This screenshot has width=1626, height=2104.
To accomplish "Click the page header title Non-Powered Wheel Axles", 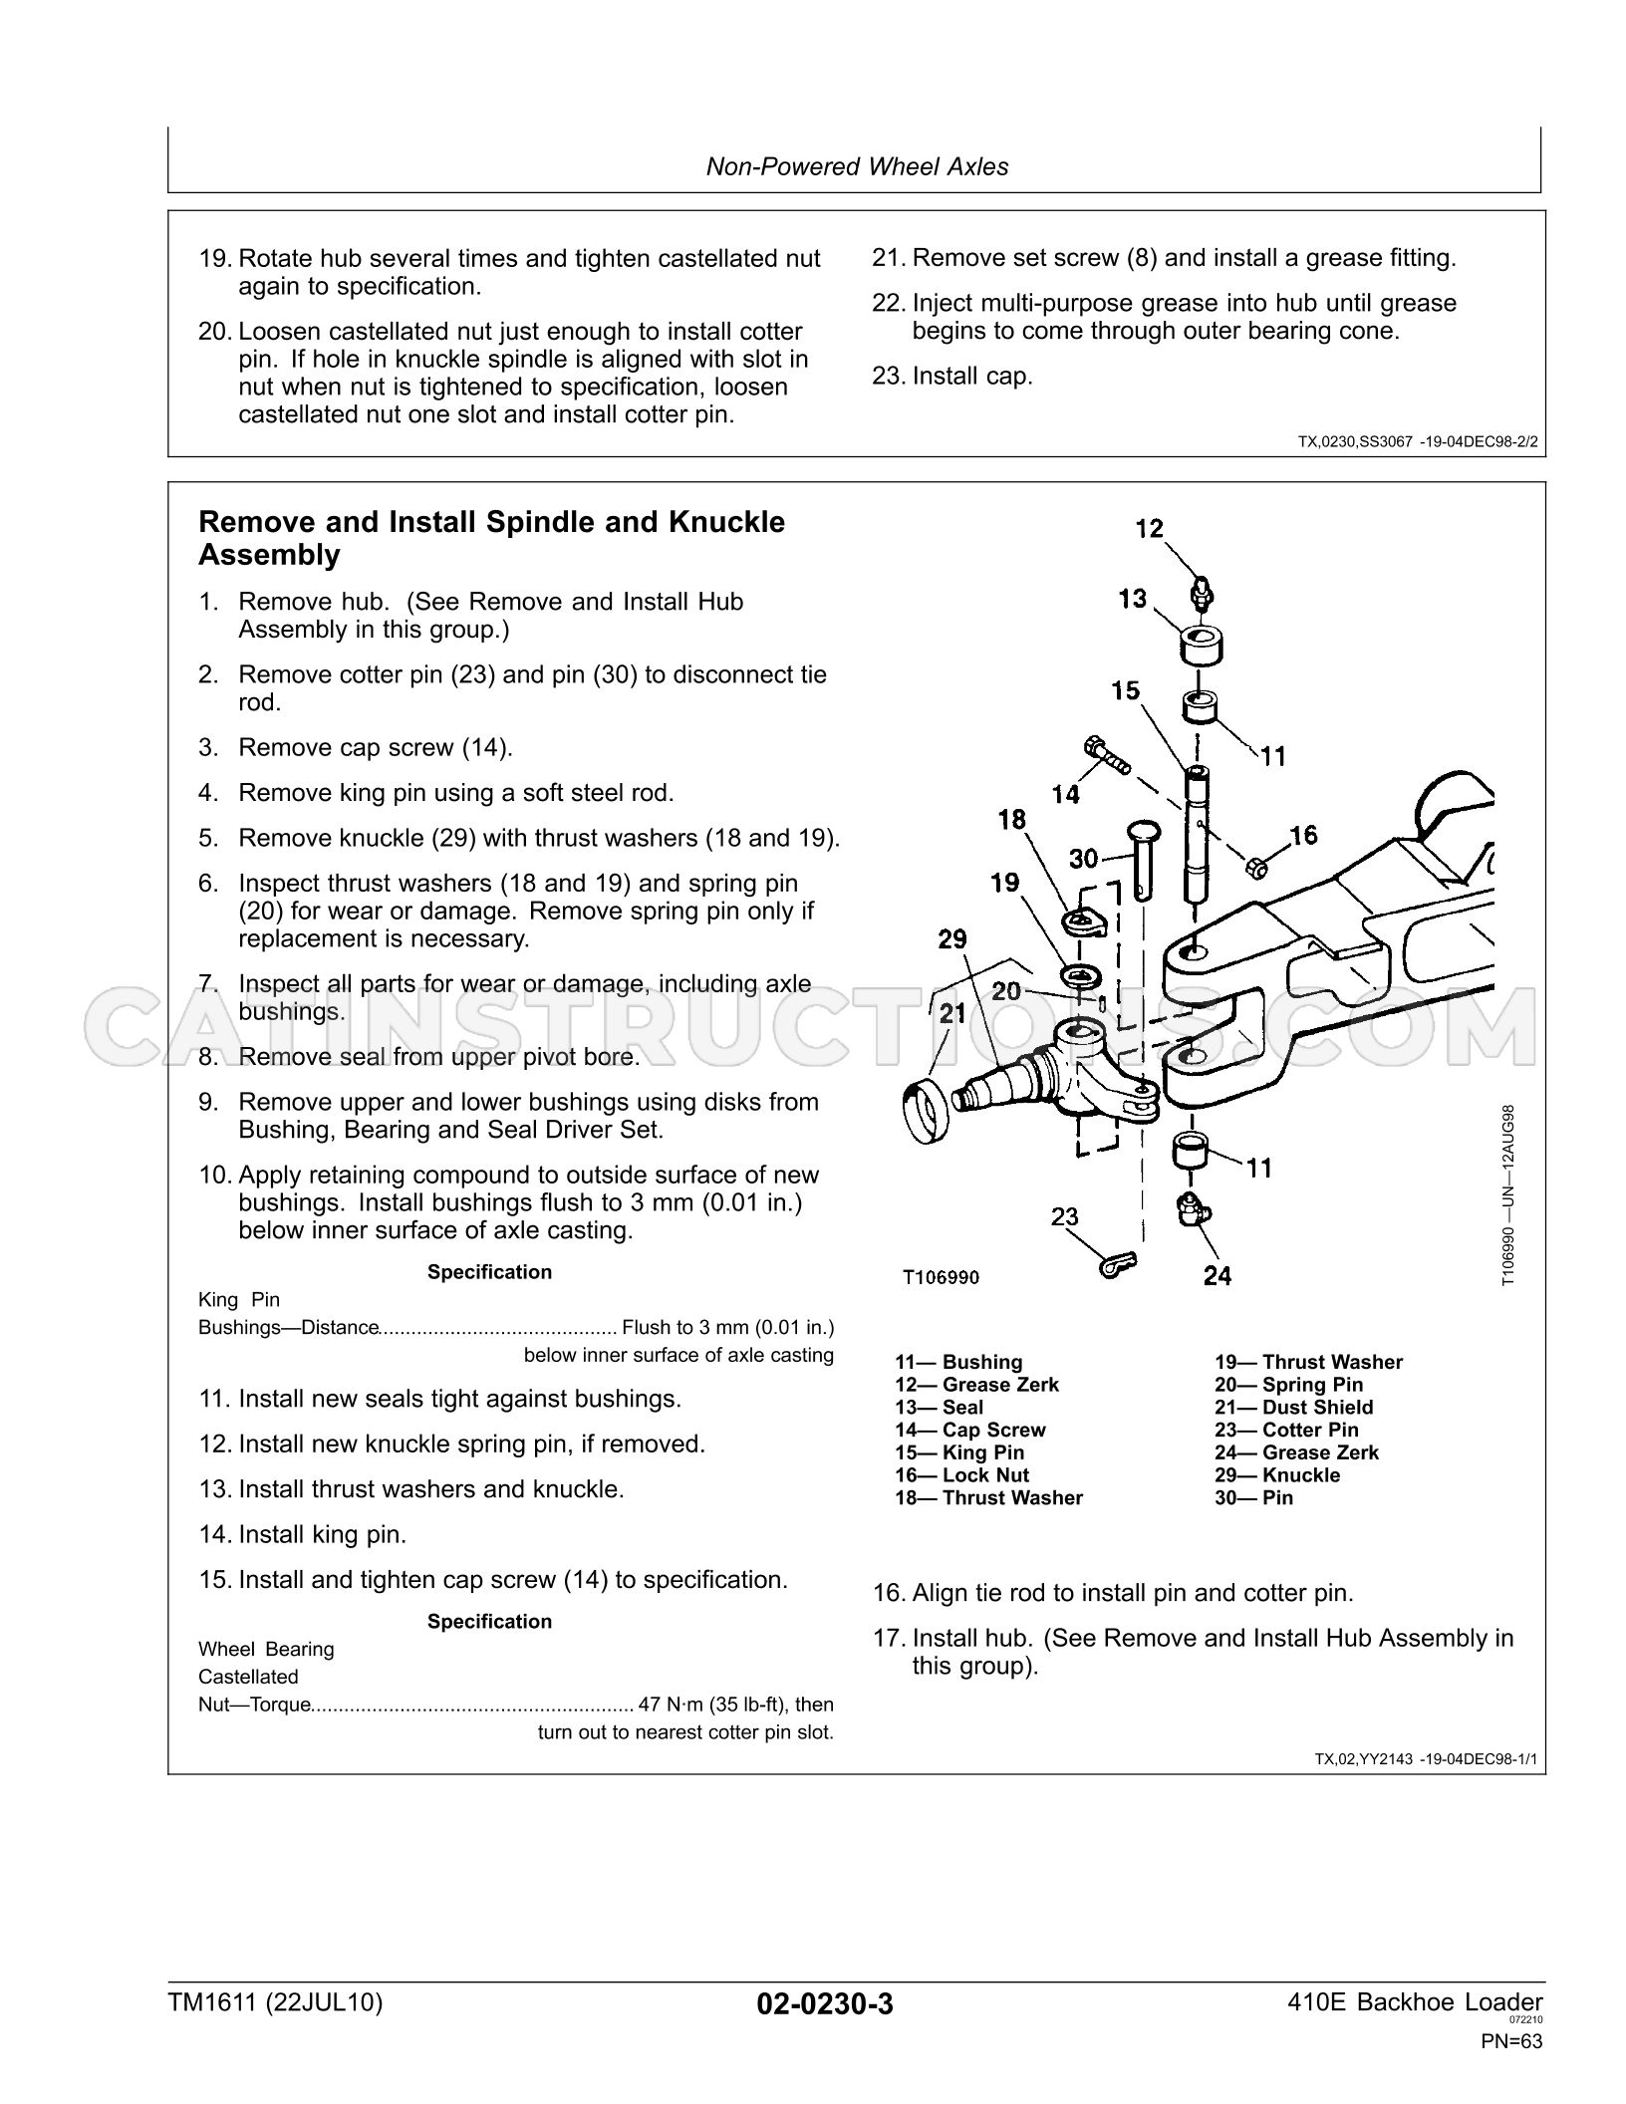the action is (857, 166).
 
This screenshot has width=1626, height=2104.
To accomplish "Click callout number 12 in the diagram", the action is (1150, 528).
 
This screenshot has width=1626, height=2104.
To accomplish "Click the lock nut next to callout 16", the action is (1257, 867).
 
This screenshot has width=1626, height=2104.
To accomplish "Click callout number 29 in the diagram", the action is (952, 939).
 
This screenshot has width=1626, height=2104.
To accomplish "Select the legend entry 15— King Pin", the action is (959, 1452).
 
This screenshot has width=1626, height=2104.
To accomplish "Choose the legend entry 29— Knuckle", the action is (1277, 1475).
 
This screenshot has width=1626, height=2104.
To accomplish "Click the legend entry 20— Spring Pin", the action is (1288, 1385).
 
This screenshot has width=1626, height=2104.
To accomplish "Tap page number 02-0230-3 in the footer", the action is (825, 2003).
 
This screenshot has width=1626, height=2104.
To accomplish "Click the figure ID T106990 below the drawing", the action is (941, 1277).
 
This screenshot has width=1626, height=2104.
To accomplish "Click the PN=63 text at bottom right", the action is (1511, 2041).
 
